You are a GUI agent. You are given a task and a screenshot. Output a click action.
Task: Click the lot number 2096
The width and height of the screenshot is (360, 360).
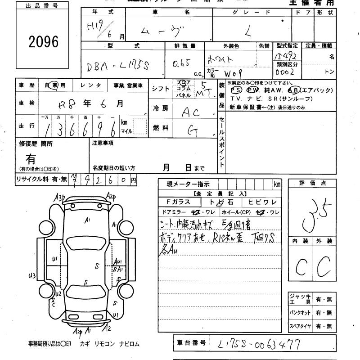[x=44, y=42]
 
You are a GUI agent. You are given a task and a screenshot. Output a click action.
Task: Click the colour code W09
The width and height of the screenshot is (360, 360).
[x=234, y=72]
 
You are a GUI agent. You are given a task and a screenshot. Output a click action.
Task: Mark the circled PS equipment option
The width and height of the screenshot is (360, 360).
[x=235, y=90]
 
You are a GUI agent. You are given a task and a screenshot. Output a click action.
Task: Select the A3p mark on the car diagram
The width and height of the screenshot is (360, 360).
[x=60, y=197]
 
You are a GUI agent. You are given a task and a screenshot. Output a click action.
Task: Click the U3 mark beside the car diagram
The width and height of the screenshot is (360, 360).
[x=31, y=275]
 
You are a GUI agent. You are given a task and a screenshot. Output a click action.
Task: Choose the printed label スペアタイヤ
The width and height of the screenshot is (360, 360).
[x=300, y=325]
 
